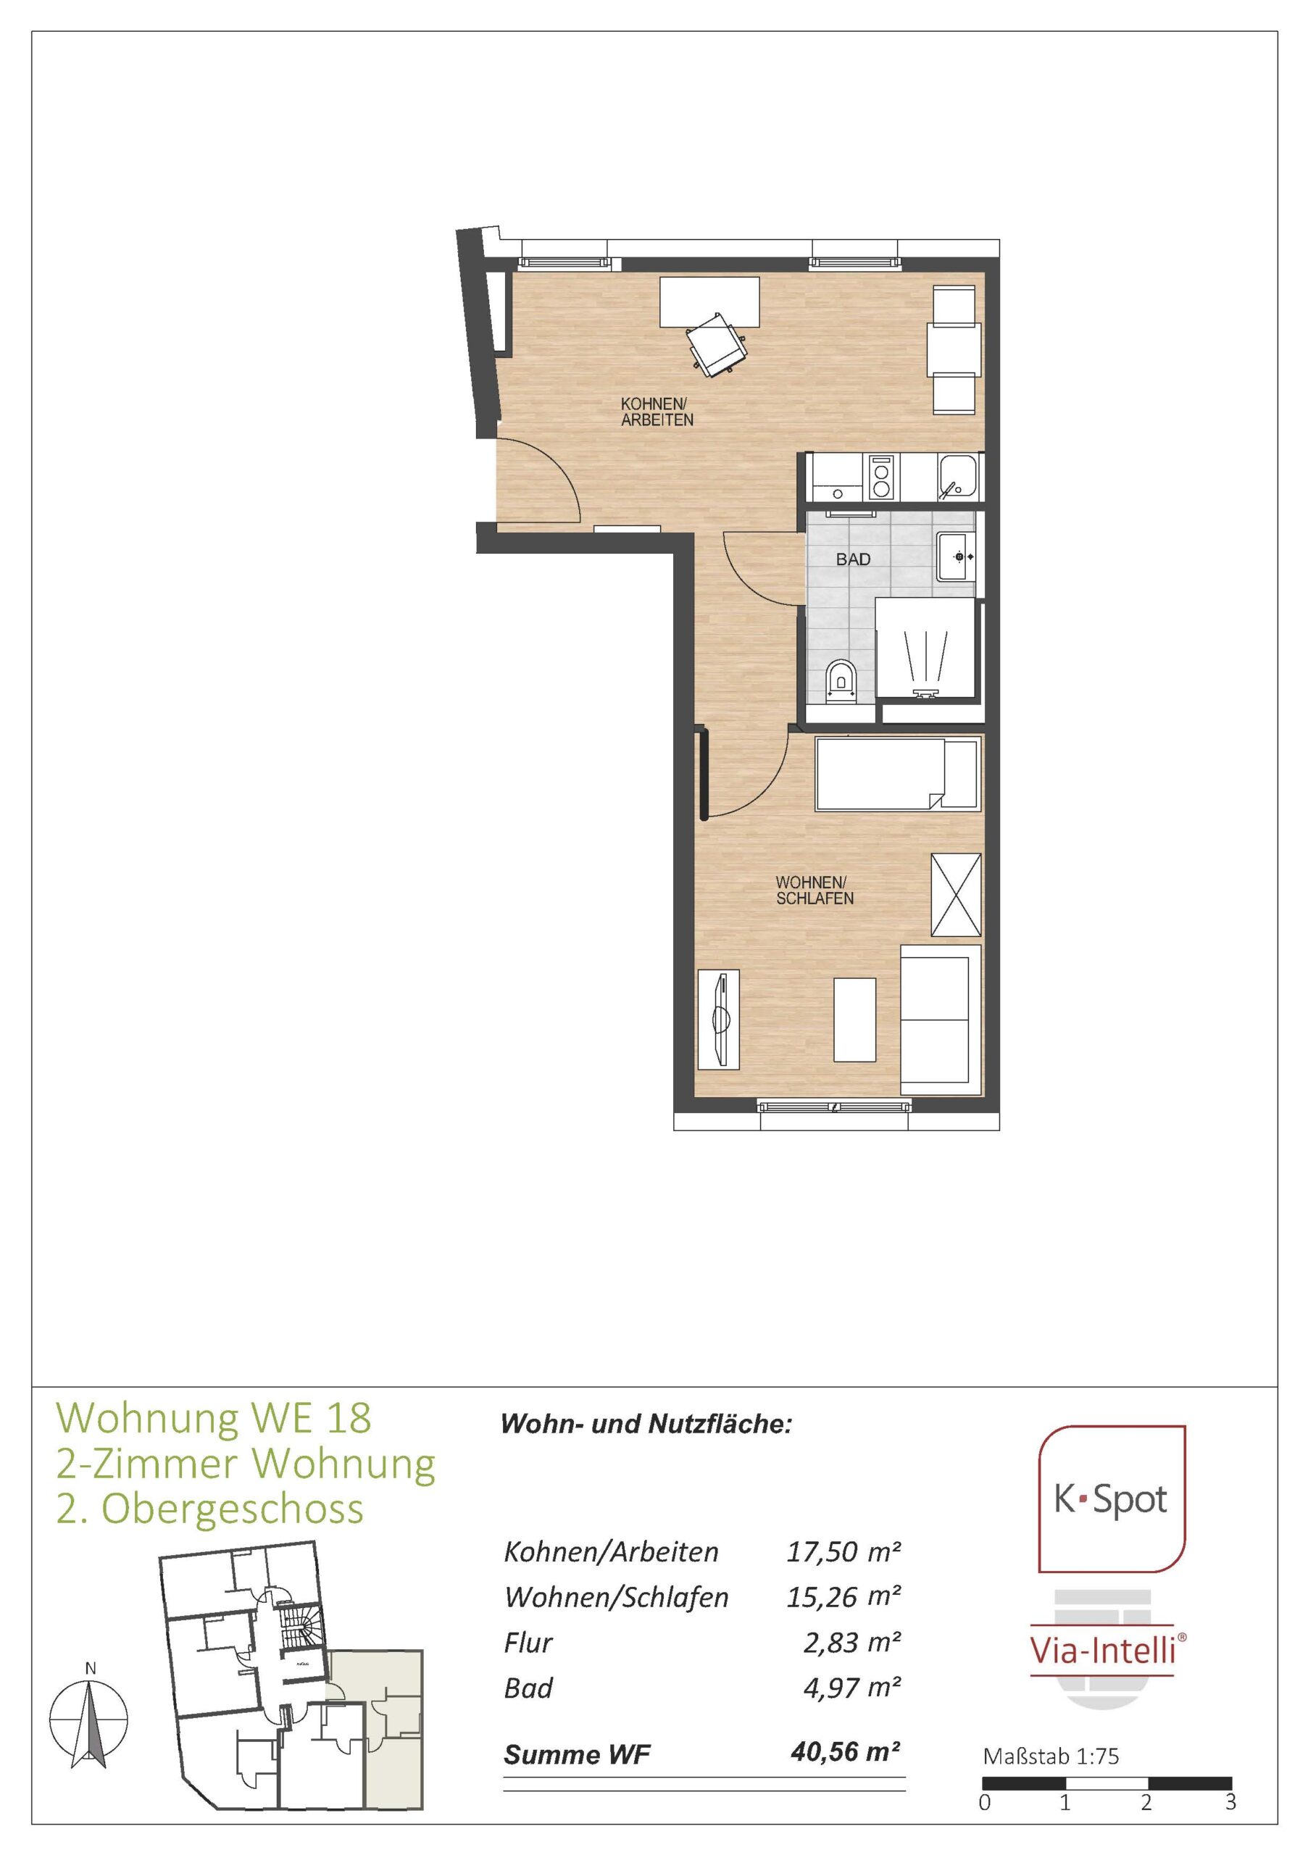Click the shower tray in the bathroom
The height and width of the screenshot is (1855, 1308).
click(x=925, y=647)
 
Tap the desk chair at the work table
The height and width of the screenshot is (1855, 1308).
click(x=716, y=343)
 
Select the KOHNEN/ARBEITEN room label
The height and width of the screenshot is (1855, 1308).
click(x=657, y=412)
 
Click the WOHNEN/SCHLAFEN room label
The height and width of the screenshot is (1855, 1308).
click(x=815, y=890)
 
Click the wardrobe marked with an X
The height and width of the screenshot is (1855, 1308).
click(x=956, y=894)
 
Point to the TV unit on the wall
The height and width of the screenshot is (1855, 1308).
click(x=717, y=1019)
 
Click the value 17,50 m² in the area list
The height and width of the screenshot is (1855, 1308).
click(x=843, y=1551)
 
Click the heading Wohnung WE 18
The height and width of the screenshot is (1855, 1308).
click(x=213, y=1417)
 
